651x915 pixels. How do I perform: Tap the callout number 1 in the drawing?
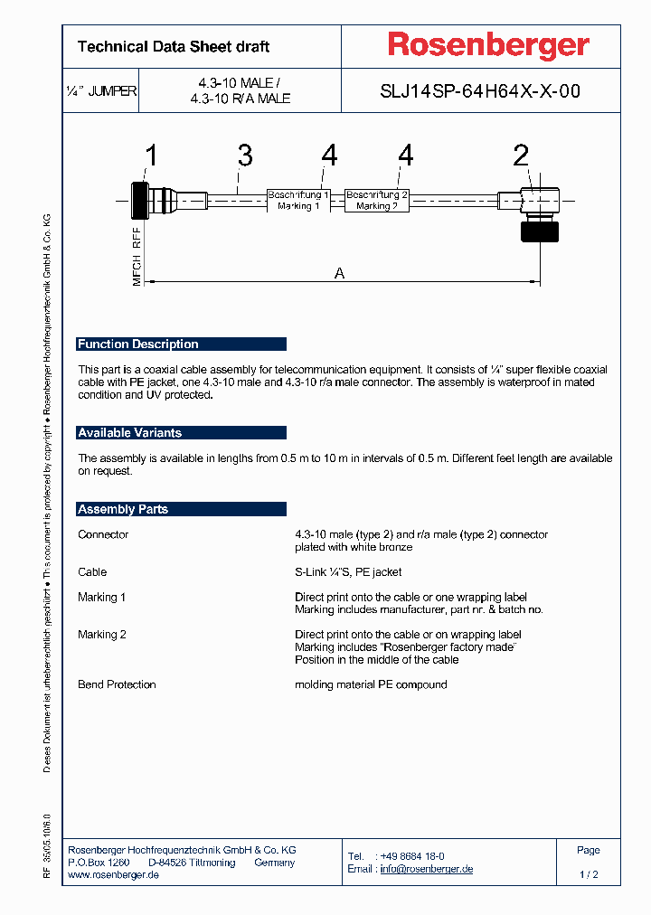click(x=151, y=156)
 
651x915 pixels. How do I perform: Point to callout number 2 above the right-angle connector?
click(x=521, y=156)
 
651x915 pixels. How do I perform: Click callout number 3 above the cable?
click(x=244, y=156)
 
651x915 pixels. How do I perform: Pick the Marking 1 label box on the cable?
click(x=298, y=200)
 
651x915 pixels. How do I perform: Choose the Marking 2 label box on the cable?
click(x=377, y=200)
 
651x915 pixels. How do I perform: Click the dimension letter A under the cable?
click(x=340, y=273)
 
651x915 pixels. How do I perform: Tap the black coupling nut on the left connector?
click(x=139, y=200)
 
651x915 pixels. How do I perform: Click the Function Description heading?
click(x=137, y=344)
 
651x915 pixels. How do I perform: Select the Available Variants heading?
click(x=129, y=433)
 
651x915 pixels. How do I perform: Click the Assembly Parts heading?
click(x=123, y=509)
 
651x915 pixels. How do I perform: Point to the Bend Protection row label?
click(x=117, y=684)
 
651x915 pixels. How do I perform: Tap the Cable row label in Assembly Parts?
click(x=92, y=571)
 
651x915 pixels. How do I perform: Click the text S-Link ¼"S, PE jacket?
click(x=348, y=571)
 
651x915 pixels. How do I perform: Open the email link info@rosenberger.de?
click(x=426, y=869)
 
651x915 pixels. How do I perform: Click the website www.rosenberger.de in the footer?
click(x=114, y=875)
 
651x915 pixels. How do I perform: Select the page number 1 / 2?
click(x=588, y=875)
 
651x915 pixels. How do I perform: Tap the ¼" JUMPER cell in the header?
click(x=101, y=91)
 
